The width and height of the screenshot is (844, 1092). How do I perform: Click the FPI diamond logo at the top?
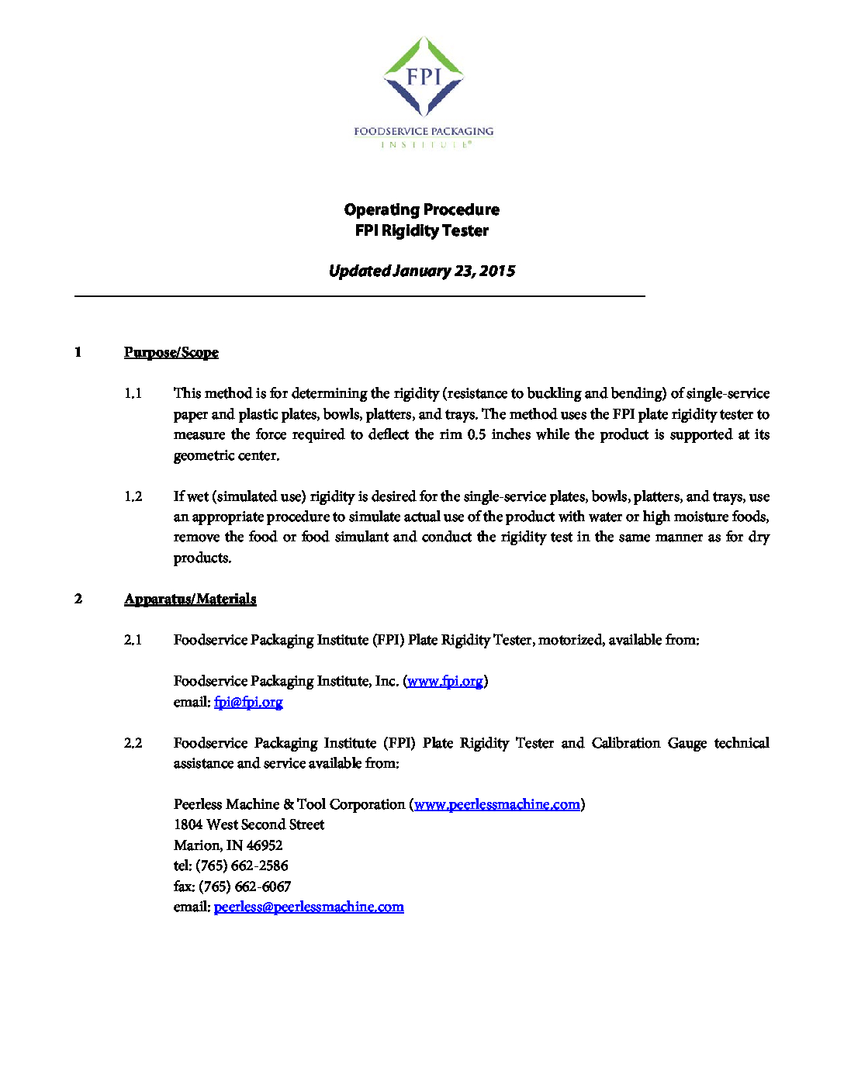tap(424, 77)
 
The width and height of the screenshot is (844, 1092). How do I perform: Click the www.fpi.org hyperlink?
tap(445, 681)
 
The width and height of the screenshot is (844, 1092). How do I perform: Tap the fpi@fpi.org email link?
tap(248, 702)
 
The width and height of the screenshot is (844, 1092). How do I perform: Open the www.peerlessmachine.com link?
tap(496, 804)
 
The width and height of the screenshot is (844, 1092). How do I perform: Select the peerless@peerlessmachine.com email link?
tap(309, 907)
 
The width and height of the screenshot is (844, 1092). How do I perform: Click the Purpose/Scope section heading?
tap(171, 353)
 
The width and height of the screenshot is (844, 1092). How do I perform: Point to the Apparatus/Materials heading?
tap(190, 599)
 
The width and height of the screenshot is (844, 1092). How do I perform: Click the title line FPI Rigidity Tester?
tap(422, 230)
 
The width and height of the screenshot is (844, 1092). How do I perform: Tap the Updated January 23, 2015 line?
tap(422, 271)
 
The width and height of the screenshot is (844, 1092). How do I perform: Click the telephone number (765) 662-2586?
tap(242, 866)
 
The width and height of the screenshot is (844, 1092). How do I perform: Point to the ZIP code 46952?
tap(265, 845)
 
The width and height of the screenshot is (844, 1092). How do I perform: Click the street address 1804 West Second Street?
tap(249, 824)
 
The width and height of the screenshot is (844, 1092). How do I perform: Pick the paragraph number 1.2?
tap(133, 496)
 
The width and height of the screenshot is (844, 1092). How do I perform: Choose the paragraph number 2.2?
tap(133, 743)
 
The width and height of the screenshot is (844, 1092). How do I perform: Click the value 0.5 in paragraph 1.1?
tap(476, 434)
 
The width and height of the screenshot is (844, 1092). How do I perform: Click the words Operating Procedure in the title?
tap(422, 209)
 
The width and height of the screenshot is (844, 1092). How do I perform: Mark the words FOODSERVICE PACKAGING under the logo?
tap(424, 131)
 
